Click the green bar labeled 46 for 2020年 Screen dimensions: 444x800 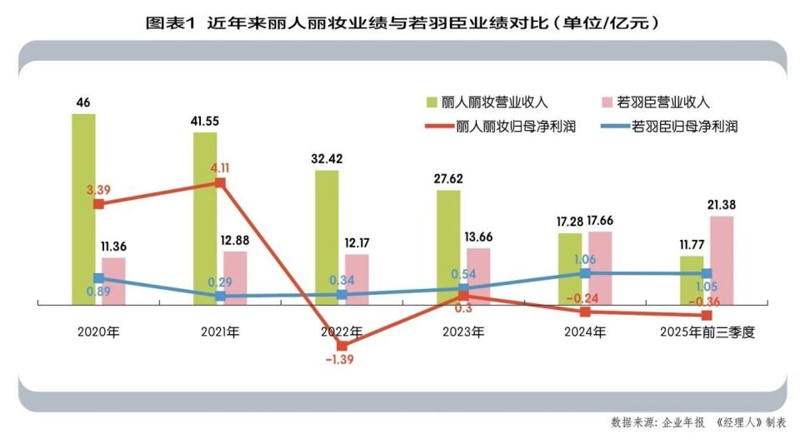point(83,208)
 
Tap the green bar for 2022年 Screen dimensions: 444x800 point(327,237)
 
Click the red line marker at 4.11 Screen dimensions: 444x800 point(220,182)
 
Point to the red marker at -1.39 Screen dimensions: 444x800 point(342,345)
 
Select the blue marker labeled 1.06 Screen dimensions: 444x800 point(585,272)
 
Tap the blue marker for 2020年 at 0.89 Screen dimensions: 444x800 point(98,278)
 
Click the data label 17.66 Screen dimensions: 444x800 point(600,221)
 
